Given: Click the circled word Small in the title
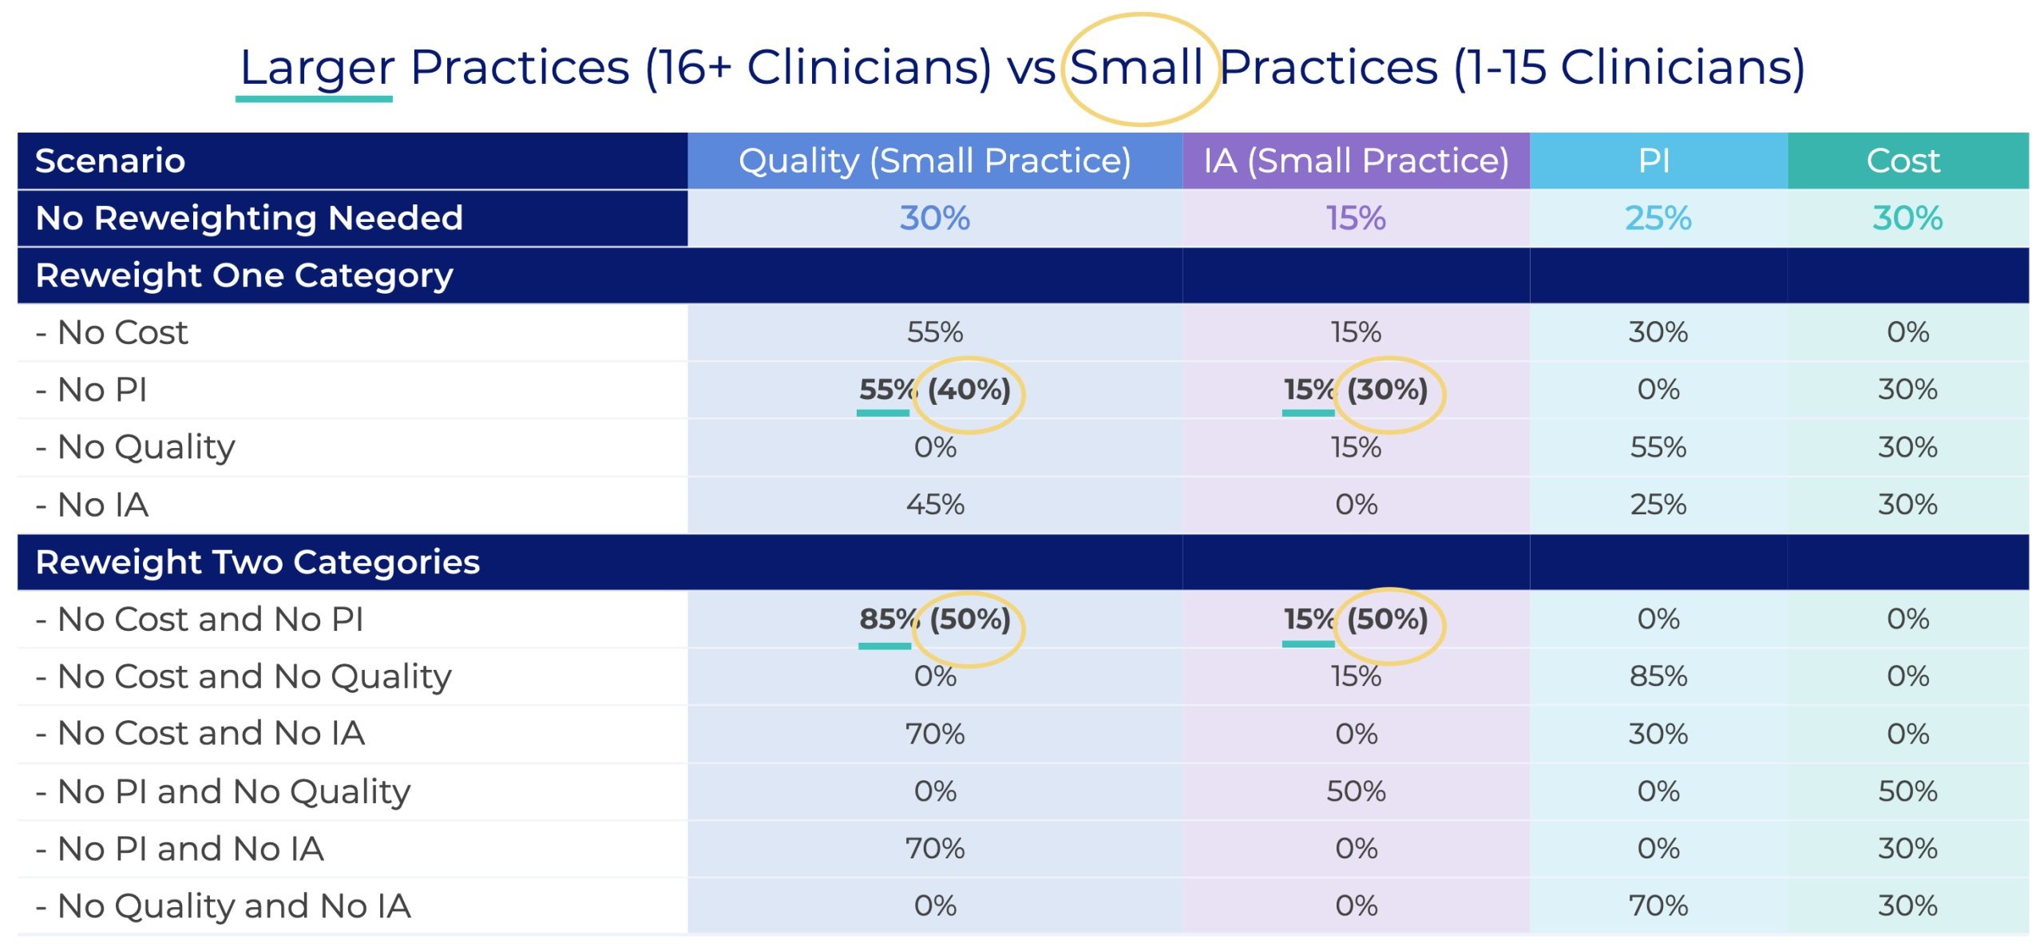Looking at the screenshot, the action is click(1135, 67).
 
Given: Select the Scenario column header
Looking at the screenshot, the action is click(110, 161).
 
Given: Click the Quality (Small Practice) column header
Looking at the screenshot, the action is click(934, 161).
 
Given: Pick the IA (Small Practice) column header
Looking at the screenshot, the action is click(1356, 161).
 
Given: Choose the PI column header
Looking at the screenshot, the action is click(1654, 161).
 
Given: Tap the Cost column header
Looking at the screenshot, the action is click(1903, 161).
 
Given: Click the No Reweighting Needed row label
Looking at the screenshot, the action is click(249, 218).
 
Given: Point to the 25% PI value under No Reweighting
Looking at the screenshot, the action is click(1658, 218).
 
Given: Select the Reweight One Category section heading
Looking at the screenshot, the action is click(244, 276).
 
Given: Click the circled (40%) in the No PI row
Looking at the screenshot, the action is click(969, 390).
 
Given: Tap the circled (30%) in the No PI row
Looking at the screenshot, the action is click(1388, 390).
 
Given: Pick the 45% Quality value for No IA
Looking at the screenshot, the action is click(935, 505).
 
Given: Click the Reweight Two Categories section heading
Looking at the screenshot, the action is click(258, 562).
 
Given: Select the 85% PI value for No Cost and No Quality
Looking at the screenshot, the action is click(1658, 676).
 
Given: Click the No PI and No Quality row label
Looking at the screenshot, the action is click(223, 792).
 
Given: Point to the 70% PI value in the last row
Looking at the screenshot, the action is click(1658, 905).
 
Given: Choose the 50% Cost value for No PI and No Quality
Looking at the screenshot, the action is click(1907, 791).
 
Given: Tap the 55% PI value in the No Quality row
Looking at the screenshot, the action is click(1658, 447).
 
